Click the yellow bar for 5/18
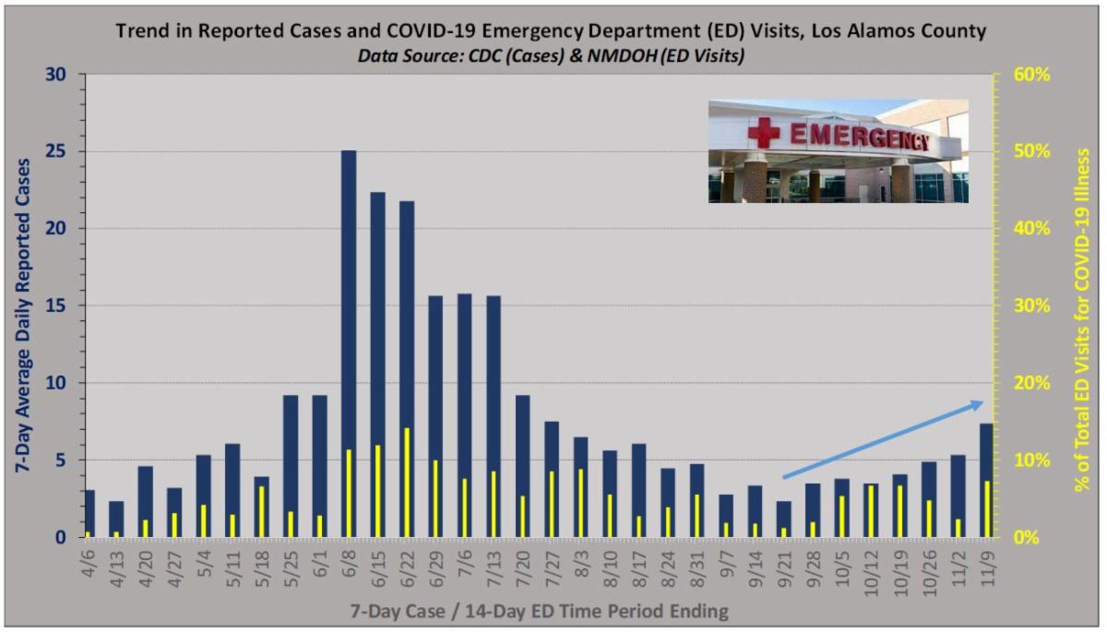coord(262,511)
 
